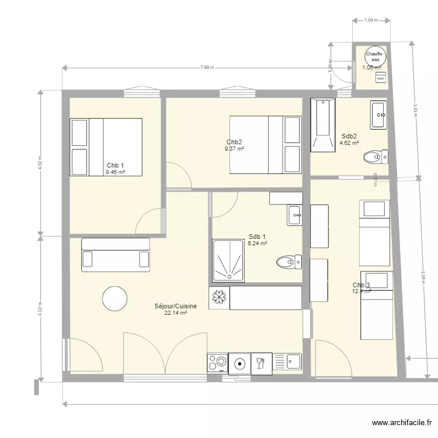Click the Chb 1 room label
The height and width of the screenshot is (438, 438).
115,165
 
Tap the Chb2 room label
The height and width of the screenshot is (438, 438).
234,142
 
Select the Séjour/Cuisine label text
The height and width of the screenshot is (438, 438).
175,306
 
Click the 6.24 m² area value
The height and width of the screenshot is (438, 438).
257,244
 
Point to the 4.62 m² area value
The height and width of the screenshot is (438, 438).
349,142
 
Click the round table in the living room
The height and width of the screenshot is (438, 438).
115,299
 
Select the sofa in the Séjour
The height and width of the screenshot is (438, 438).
115,255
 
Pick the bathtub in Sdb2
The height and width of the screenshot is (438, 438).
323,124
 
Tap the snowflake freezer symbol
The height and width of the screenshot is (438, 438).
219,298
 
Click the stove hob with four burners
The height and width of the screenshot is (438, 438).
217,363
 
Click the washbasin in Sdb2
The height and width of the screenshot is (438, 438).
378,115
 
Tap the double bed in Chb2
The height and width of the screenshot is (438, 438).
265,145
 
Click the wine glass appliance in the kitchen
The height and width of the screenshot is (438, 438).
261,363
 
